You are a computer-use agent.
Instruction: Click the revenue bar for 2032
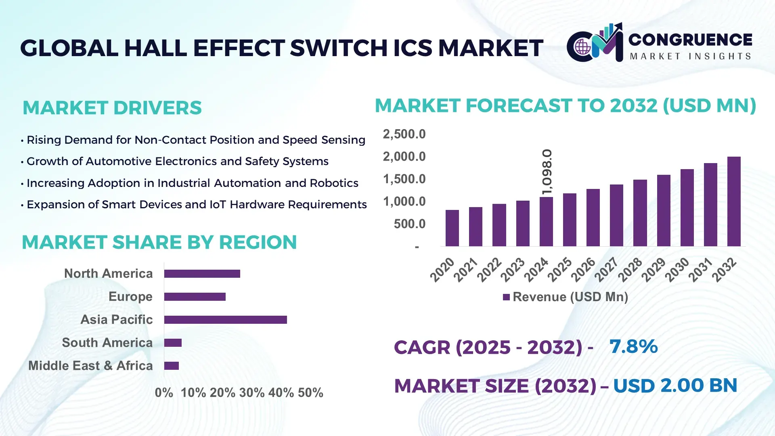coord(733,201)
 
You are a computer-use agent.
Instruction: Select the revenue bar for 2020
coord(452,228)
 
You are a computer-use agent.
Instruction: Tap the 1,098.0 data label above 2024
coord(547,172)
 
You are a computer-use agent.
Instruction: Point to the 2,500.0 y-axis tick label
coord(404,134)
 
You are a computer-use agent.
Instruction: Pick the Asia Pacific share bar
coord(225,320)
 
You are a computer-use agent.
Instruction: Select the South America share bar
coord(173,343)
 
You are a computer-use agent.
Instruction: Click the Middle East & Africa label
coord(90,366)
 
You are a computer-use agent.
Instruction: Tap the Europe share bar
coord(195,297)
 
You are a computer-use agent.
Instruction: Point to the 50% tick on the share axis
coord(310,393)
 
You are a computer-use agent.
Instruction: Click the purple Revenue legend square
coord(506,298)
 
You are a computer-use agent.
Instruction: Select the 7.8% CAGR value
coord(633,346)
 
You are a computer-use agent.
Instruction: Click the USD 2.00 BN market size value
coord(675,386)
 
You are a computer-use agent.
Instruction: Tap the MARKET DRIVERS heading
coord(112,108)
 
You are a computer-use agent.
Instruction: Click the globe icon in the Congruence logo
coord(582,47)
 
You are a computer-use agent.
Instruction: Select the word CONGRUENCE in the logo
coord(690,40)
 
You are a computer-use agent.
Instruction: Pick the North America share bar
coord(202,274)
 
